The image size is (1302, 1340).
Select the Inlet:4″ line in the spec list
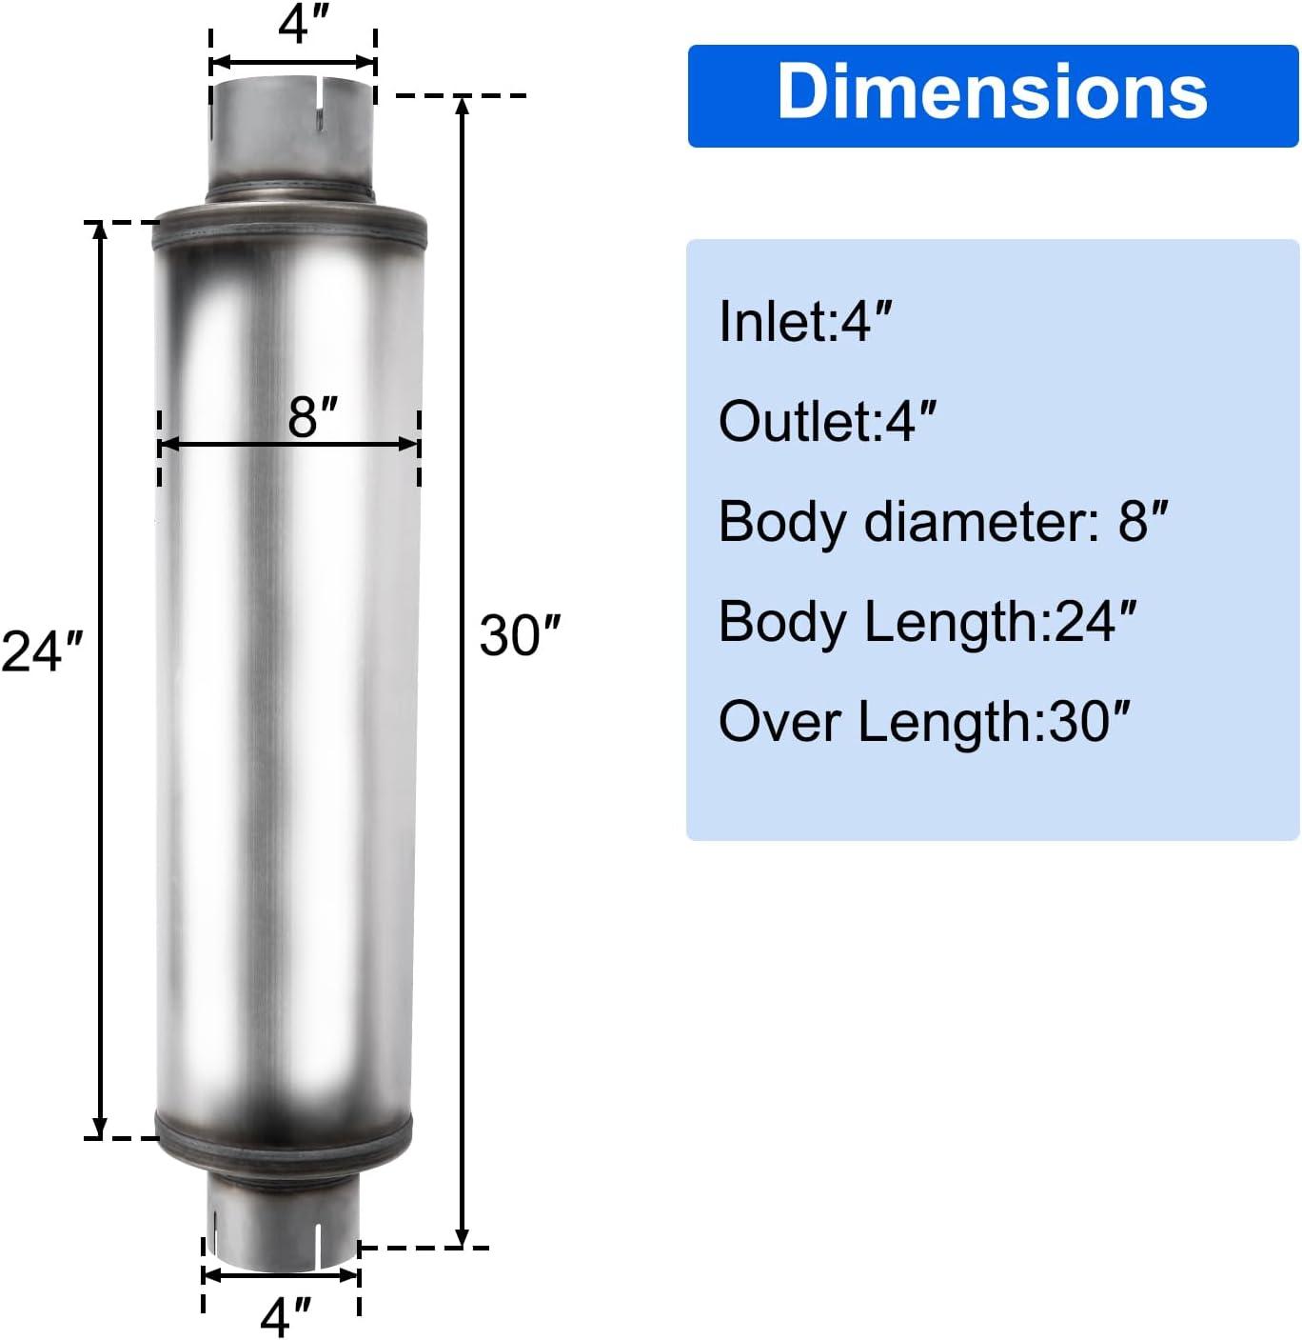tap(805, 322)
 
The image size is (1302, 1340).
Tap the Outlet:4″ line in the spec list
tap(827, 421)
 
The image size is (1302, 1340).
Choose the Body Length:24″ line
tap(928, 622)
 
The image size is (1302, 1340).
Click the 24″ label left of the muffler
tap(42, 650)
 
